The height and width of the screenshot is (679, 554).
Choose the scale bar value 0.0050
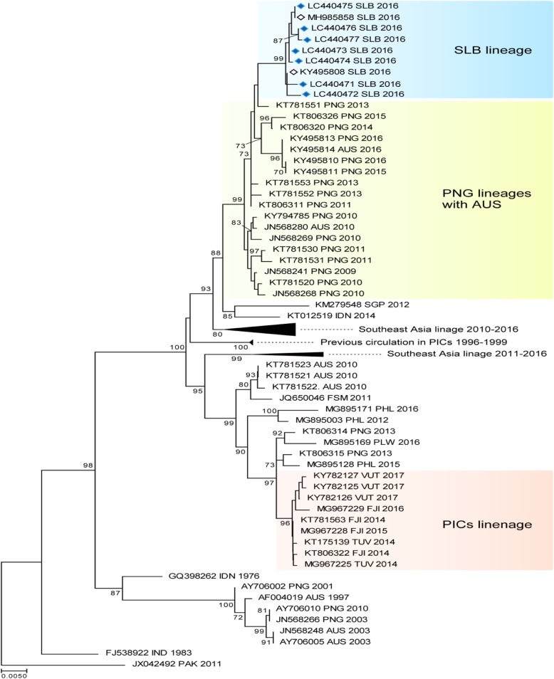click(x=14, y=675)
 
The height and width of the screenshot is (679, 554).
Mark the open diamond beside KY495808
click(x=293, y=72)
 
